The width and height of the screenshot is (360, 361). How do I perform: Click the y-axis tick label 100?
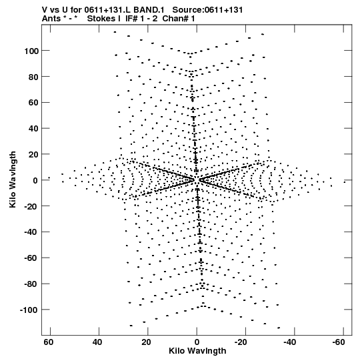click(31, 51)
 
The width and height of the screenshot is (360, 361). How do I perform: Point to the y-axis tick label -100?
click(29, 310)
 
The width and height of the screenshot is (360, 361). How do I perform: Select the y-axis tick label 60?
click(33, 103)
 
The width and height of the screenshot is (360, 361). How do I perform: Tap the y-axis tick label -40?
click(31, 232)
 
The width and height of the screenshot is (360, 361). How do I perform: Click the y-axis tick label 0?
click(35, 180)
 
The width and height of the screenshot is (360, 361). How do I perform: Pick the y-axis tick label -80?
click(31, 284)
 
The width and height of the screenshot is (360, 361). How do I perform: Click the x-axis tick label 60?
click(48, 342)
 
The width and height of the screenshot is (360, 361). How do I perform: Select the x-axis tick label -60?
click(339, 342)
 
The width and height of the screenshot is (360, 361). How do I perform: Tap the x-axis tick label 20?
click(146, 342)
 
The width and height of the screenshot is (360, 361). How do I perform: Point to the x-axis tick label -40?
click(289, 342)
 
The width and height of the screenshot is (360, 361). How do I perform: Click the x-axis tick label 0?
click(197, 342)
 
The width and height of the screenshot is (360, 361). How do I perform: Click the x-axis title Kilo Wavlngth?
click(197, 351)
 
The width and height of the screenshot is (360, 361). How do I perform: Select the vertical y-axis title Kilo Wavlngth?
click(13, 179)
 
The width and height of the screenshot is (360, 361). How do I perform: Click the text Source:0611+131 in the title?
click(207, 10)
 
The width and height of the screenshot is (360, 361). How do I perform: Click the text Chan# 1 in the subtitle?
click(179, 19)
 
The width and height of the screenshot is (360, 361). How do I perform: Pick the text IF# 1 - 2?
click(141, 19)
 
